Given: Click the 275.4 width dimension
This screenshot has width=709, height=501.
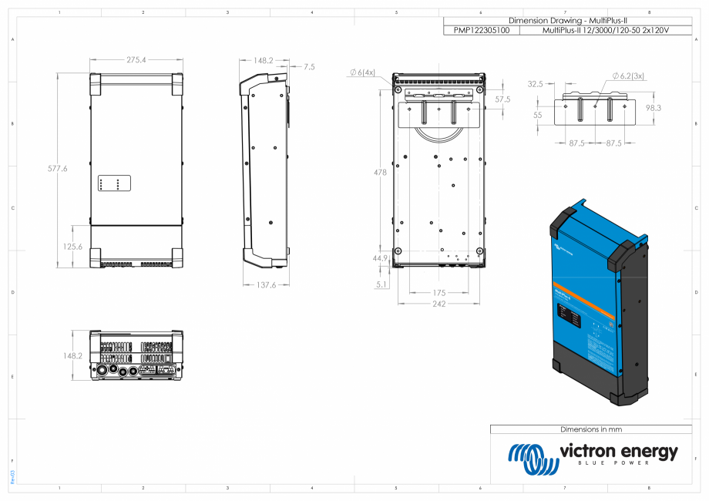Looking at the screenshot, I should pos(136,59).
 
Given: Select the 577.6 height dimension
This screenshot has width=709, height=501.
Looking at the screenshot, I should pos(57,168).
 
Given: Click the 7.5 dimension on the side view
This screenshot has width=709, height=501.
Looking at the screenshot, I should pos(308,67).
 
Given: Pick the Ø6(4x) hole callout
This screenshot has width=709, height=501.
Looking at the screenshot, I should pos(362,72).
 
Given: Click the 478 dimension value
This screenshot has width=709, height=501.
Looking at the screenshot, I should pos(379,173).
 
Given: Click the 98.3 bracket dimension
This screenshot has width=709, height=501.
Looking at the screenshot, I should pos(653,108).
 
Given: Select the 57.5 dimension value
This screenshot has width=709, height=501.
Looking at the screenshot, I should pos(502,99).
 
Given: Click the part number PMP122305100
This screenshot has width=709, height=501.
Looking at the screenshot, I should pos(481,30).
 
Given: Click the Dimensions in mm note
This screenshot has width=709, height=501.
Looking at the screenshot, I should pos(590,429).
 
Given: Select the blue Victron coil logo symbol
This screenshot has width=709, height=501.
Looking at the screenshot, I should pos(533,459).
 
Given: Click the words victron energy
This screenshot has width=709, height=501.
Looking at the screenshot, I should pos(619,452).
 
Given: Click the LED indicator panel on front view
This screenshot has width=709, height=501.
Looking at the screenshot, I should pos(113,183).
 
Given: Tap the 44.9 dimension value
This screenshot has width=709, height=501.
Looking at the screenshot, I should pos(380,258).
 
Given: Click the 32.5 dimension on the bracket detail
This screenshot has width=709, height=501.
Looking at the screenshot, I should pos(535,83).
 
